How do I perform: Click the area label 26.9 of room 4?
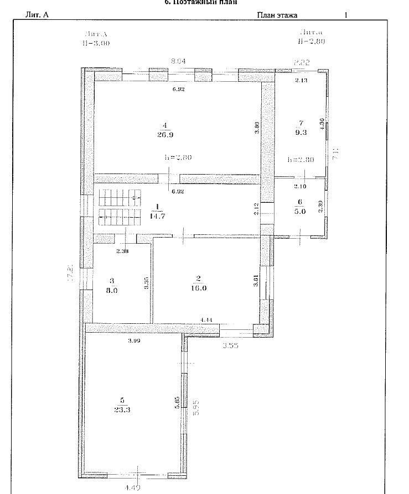[x=164, y=134]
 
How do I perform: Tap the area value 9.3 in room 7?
[x=301, y=133]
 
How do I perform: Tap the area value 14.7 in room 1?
[x=158, y=216]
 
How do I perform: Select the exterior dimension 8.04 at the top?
[x=178, y=61]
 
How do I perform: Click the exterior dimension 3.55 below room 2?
[x=230, y=346]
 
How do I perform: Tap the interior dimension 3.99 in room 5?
[x=133, y=340]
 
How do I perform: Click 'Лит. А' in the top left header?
[x=37, y=15]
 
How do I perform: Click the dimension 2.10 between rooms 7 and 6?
[x=301, y=186]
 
